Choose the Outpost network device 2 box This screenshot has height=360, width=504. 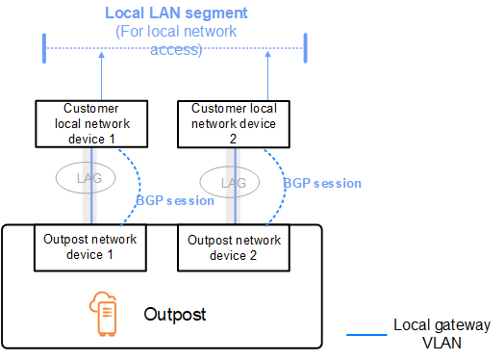[x=227, y=247]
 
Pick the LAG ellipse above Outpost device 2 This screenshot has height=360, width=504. [x=227, y=180]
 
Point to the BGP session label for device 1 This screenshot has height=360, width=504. [x=174, y=200]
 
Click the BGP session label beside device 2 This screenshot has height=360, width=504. [x=322, y=182]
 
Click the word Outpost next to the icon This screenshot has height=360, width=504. [x=174, y=315]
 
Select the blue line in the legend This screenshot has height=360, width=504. [x=365, y=335]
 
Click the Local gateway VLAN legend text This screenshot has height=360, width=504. [x=442, y=334]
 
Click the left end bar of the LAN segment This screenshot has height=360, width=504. [x=45, y=47]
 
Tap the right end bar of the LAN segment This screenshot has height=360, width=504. [x=304, y=47]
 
